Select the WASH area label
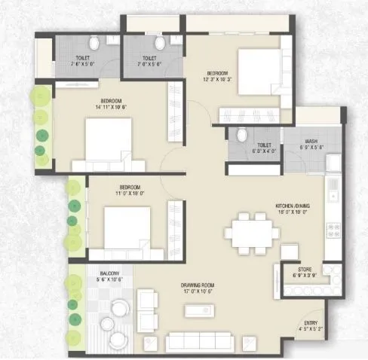click(x=311, y=141)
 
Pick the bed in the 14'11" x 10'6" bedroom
click(x=104, y=142)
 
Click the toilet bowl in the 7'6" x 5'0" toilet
click(x=94, y=42)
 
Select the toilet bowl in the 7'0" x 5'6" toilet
click(x=158, y=43)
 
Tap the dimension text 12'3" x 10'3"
click(x=216, y=78)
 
